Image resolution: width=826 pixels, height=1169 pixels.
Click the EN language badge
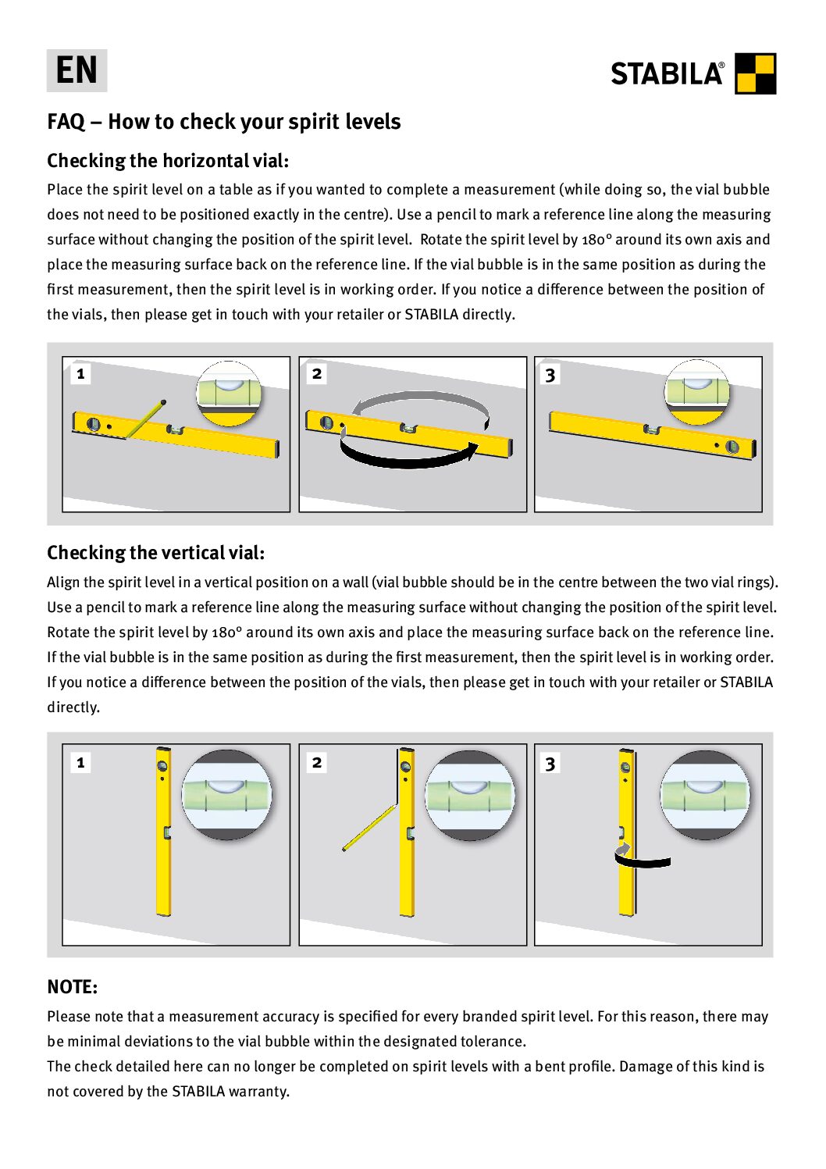(77, 70)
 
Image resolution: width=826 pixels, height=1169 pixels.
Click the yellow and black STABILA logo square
(755, 73)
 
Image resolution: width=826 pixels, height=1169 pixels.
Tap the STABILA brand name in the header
(667, 74)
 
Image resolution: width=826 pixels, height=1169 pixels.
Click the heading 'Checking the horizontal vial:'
(168, 161)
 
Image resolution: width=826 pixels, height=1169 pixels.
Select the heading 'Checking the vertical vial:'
(155, 553)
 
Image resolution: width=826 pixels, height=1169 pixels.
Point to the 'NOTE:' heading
(72, 987)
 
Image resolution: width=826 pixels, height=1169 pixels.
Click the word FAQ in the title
(66, 122)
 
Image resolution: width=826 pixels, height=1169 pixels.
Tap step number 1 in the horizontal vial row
(80, 374)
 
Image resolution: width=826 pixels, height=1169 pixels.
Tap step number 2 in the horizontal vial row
(317, 374)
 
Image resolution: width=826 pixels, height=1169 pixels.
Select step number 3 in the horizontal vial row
(550, 375)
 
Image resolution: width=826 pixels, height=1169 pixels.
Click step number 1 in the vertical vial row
(80, 762)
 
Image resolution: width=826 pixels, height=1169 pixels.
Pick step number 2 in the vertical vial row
(317, 762)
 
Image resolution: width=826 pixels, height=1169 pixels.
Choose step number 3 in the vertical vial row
(550, 763)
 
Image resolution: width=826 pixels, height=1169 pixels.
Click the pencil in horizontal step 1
(145, 419)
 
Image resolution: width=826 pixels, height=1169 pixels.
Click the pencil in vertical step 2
(370, 828)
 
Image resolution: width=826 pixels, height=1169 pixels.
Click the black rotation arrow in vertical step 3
(643, 861)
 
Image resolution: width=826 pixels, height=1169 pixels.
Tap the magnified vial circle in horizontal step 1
(228, 393)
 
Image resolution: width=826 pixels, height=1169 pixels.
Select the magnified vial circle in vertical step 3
(704, 795)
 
